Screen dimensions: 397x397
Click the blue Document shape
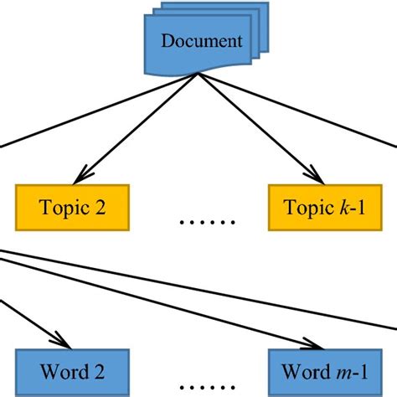pyautogui.click(x=201, y=41)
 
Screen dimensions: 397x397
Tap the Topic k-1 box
pyautogui.click(x=323, y=209)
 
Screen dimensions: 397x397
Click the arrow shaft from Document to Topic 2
pyautogui.click(x=138, y=126)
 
